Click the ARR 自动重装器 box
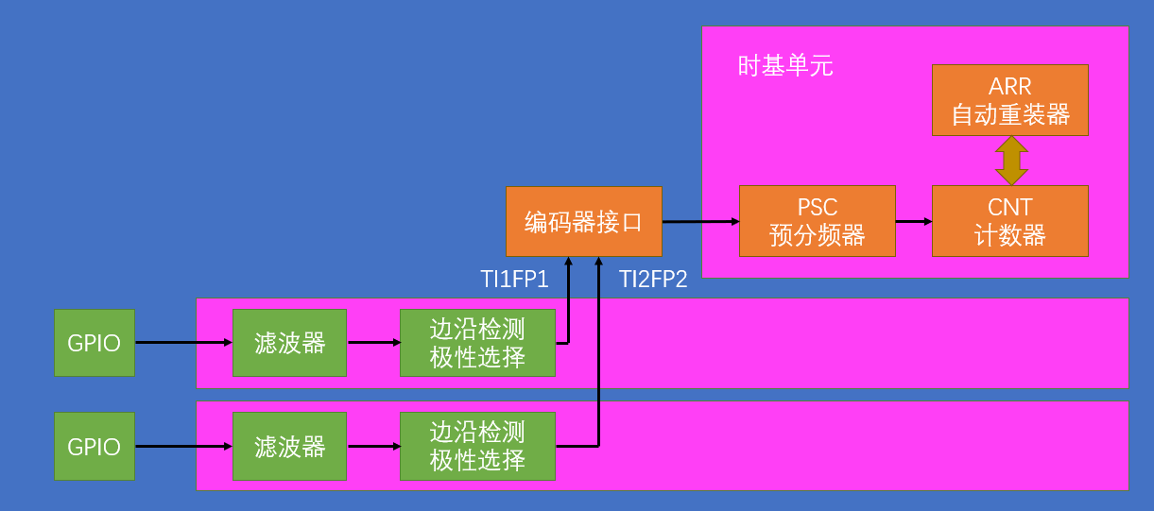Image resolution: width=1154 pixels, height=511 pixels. point(1009,100)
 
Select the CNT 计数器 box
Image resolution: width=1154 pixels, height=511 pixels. point(1009,221)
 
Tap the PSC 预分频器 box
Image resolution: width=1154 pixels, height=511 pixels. point(817,221)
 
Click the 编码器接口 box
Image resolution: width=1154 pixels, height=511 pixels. point(583,222)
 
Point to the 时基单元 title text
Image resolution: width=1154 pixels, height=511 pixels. point(785,66)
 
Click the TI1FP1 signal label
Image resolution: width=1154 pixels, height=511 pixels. point(514,279)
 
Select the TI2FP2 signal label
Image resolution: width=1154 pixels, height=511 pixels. point(653,279)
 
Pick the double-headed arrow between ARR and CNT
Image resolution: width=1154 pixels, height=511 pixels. point(1010,161)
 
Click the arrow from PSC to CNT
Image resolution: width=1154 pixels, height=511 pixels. point(913,221)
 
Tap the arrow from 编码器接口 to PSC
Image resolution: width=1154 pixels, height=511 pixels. point(700,222)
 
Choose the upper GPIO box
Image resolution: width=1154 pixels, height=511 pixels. point(94,343)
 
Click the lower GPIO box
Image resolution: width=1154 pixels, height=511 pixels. point(94,446)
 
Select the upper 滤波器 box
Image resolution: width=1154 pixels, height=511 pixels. point(289,343)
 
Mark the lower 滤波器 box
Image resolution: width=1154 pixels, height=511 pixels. point(289,446)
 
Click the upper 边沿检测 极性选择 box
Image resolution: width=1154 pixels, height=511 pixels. point(477,343)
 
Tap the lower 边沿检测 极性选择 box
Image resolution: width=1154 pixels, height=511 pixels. point(477,446)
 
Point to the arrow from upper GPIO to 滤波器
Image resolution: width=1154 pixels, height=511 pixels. point(183,343)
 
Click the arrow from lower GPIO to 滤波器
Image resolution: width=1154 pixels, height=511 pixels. point(183,446)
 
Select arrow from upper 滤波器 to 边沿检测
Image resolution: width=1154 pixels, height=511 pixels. point(373,343)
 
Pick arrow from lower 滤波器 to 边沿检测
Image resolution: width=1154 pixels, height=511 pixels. point(373,446)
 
